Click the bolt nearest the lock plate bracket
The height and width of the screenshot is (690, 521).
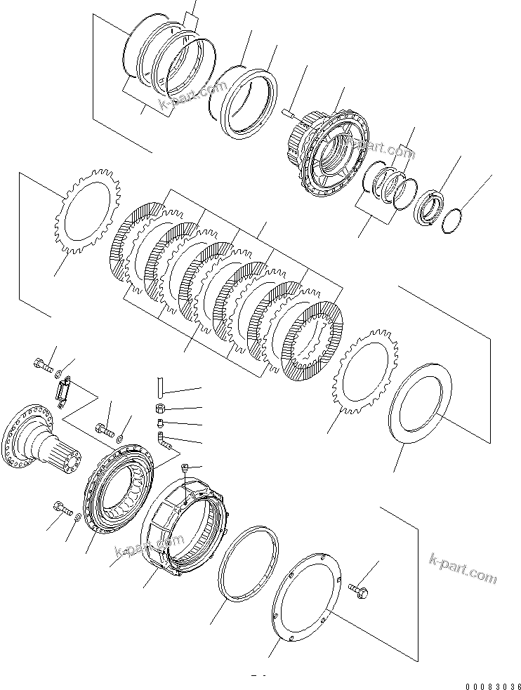[42, 364]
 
